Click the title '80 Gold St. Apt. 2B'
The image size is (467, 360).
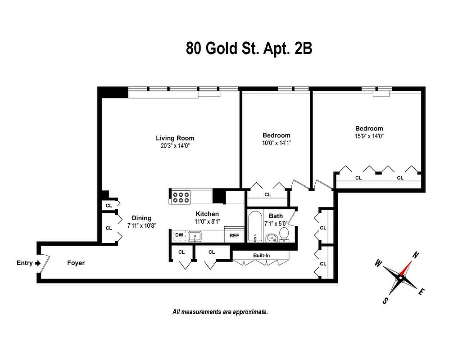[249, 49]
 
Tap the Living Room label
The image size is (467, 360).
[175, 138]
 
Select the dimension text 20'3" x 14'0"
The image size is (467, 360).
[175, 145]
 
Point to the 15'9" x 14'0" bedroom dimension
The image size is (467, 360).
[369, 135]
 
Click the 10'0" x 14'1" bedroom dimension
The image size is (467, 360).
[276, 143]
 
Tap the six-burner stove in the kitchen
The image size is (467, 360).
[181, 197]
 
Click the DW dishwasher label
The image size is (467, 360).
[179, 235]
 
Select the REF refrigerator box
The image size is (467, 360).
[234, 235]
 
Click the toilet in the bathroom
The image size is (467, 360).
[284, 234]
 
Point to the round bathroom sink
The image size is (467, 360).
[271, 238]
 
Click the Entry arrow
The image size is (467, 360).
[37, 263]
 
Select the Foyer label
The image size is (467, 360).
[76, 263]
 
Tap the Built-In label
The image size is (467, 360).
[261, 255]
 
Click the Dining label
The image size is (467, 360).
[141, 218]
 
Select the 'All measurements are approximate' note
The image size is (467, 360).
[220, 311]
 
